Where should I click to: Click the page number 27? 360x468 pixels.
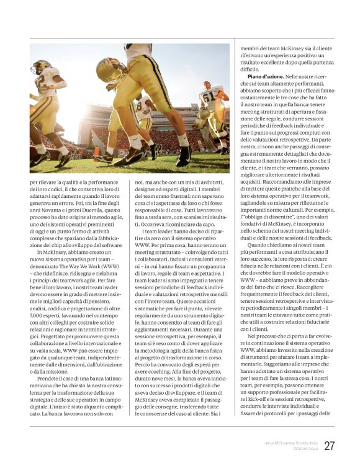329,446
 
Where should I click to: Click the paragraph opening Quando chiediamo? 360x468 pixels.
268,244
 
